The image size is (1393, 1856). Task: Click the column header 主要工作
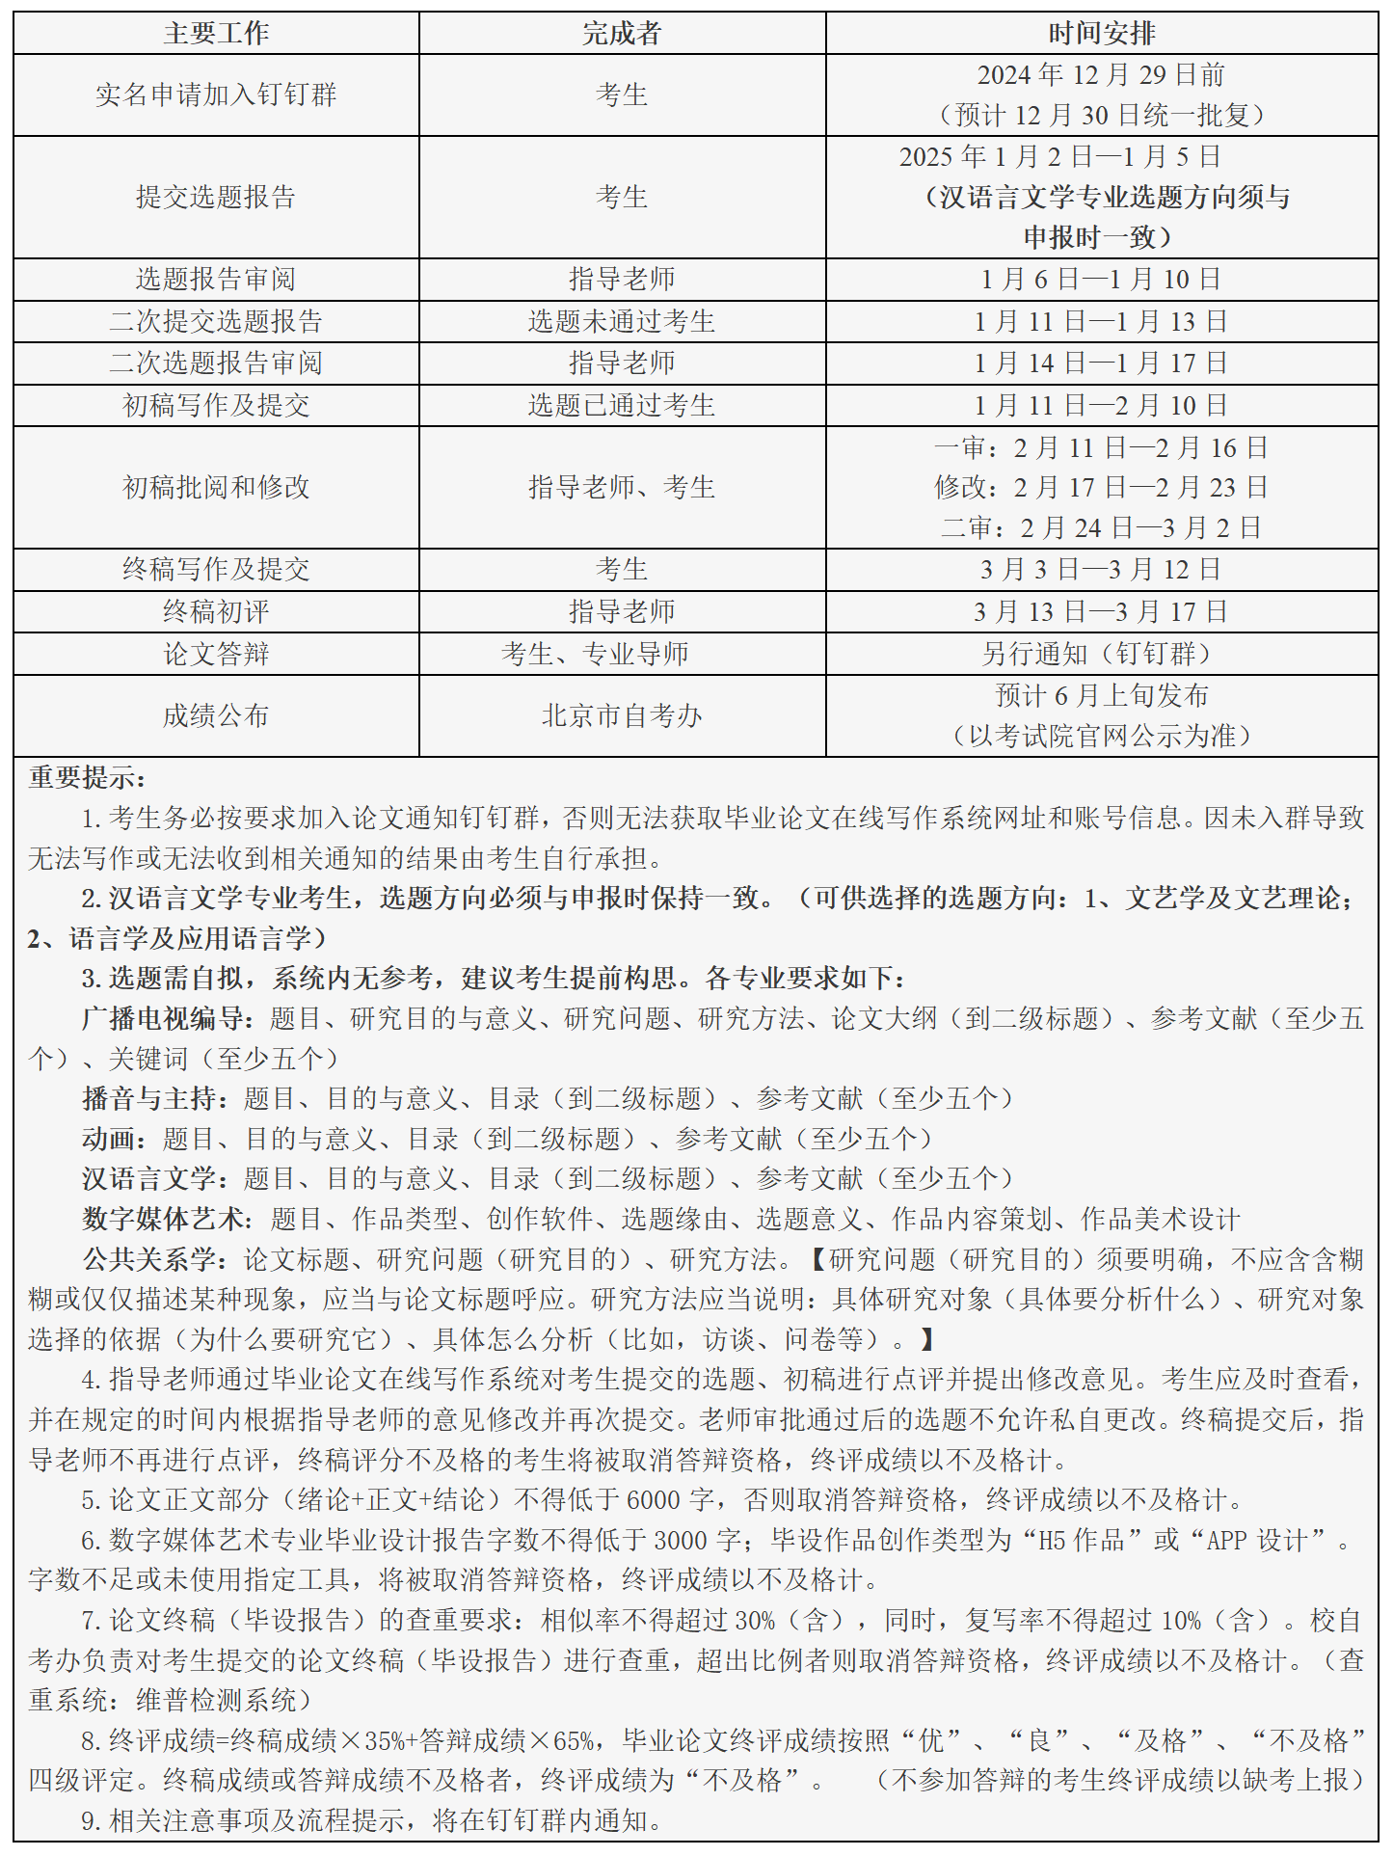coord(216,34)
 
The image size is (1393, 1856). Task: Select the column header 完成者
coord(622,34)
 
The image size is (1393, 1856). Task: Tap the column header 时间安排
coord(1101,34)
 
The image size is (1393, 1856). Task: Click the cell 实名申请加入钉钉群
coord(216,94)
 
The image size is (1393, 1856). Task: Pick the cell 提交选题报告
coord(216,197)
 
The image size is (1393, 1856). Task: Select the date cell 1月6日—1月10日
coord(1101,280)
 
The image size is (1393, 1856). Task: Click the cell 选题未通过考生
coord(622,322)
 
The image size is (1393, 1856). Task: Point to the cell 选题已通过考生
coord(622,406)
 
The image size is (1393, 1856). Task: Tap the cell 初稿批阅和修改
coord(216,488)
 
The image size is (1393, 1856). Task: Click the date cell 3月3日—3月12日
coord(1101,570)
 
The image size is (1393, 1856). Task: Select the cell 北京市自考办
coord(622,716)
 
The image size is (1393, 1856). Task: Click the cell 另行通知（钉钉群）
coord(1101,655)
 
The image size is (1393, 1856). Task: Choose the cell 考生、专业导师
coord(595,655)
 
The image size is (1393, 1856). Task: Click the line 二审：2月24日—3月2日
coord(1101,528)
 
